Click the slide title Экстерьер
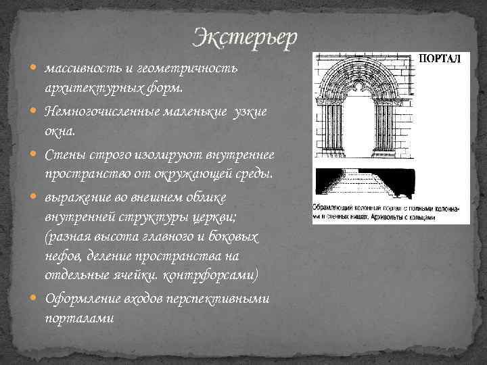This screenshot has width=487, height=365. [244, 38]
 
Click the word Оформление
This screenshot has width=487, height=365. [78, 299]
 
